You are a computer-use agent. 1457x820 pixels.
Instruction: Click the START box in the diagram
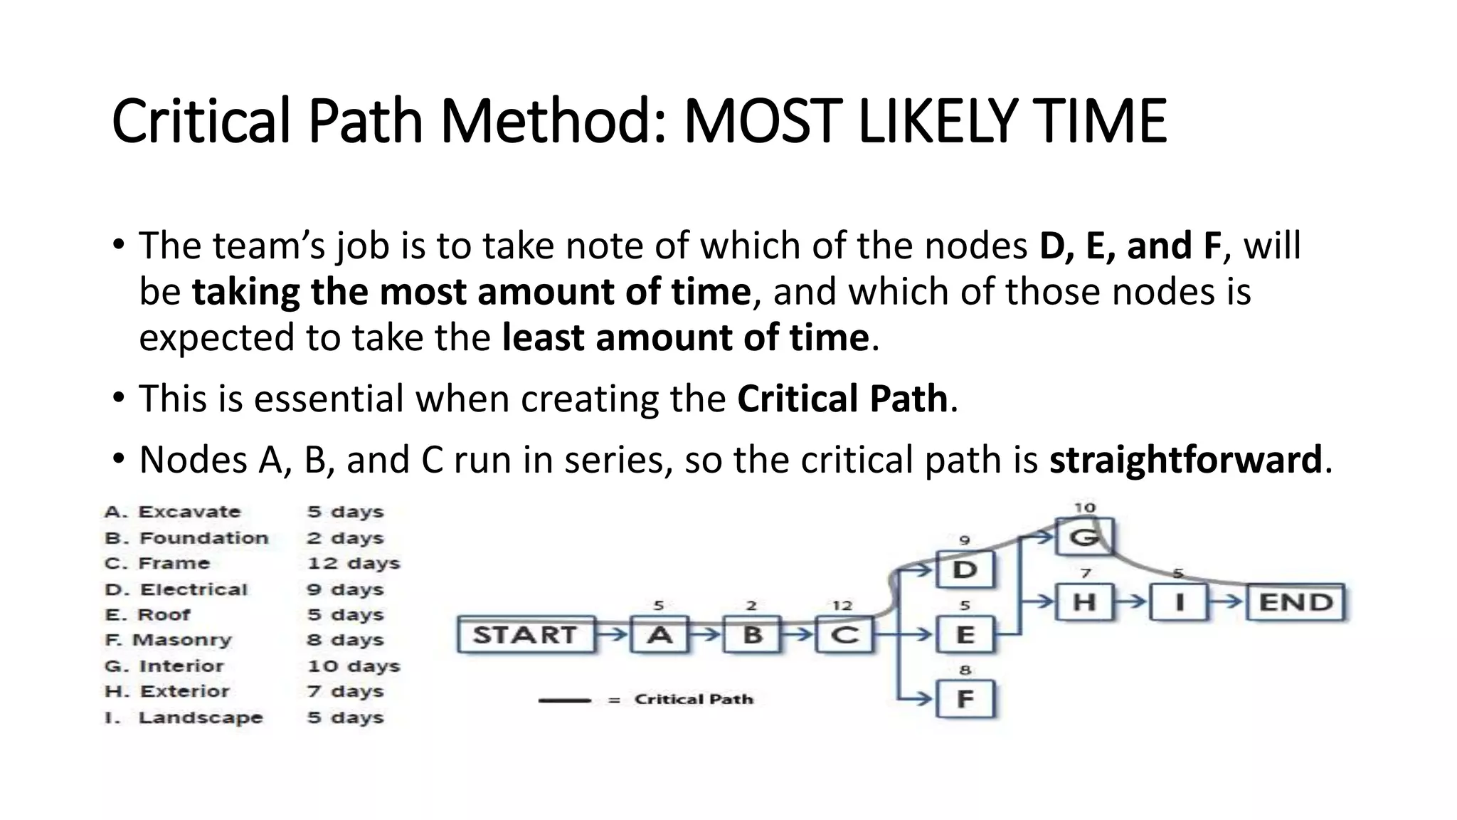coord(525,634)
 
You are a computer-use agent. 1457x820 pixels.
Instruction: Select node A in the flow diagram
coord(659,634)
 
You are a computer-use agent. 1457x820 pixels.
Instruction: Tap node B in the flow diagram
coord(753,634)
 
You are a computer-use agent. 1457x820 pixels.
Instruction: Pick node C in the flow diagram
coord(844,634)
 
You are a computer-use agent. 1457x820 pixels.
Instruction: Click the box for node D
coord(965,569)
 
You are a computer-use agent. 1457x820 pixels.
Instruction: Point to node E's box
coord(965,634)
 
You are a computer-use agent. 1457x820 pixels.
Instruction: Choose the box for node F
coord(965,698)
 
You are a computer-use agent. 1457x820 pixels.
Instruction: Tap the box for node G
coord(1084,537)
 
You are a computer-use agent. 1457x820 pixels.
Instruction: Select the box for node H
coord(1084,602)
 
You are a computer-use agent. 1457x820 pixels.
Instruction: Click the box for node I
coord(1179,602)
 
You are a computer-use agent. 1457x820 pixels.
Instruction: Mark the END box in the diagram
coord(1296,602)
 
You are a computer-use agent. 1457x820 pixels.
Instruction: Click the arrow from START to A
coord(612,633)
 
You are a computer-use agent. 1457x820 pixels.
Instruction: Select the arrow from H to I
coord(1131,601)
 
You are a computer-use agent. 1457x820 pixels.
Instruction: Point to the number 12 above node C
coord(842,606)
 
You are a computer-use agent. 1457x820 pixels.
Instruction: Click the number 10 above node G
coord(1084,508)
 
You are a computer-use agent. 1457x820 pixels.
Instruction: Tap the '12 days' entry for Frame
coord(354,563)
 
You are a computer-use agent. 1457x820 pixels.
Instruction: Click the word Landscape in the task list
coord(200,717)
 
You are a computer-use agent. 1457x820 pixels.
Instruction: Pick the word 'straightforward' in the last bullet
coord(1185,459)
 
